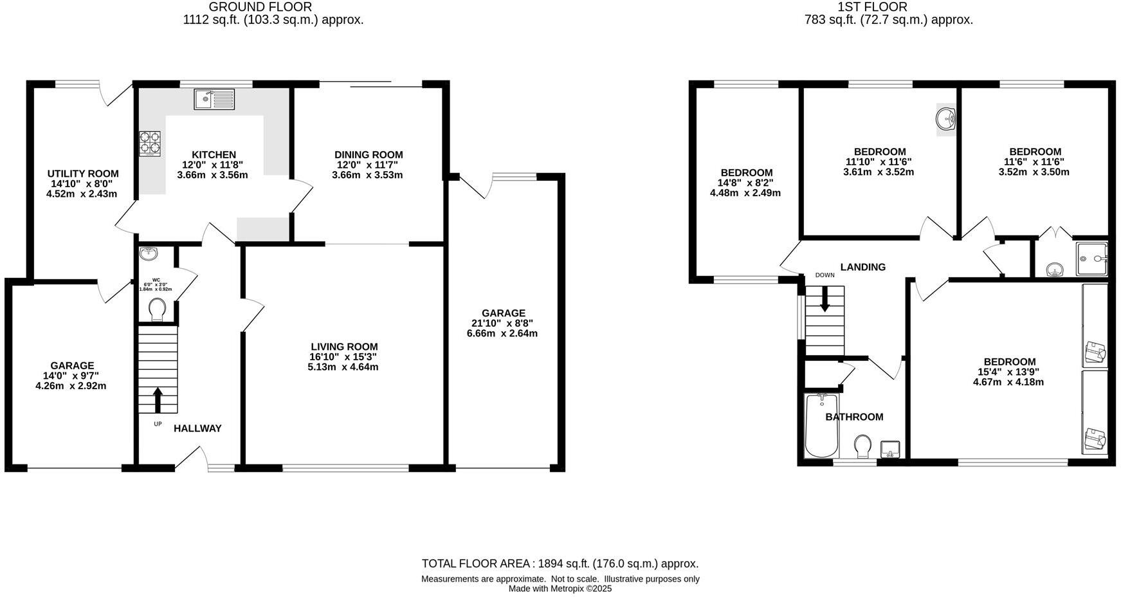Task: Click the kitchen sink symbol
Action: pos(214,99)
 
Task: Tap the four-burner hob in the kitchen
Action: pos(150,143)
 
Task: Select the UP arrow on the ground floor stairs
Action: pos(158,399)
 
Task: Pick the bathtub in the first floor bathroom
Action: pos(821,426)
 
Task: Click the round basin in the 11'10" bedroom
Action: pos(946,119)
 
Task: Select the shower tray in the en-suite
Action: pos(1092,259)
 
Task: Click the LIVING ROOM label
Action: pos(344,347)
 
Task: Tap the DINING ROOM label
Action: pos(369,154)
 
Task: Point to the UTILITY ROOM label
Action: pos(83,174)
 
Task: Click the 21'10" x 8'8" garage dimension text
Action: pos(502,324)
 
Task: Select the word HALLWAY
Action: pos(197,428)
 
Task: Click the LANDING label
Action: pos(862,267)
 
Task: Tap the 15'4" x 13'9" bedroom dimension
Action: pos(1008,372)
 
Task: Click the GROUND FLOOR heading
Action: pos(260,7)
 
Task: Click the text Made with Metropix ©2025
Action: pos(560,588)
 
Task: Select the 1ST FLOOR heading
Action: pos(872,7)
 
